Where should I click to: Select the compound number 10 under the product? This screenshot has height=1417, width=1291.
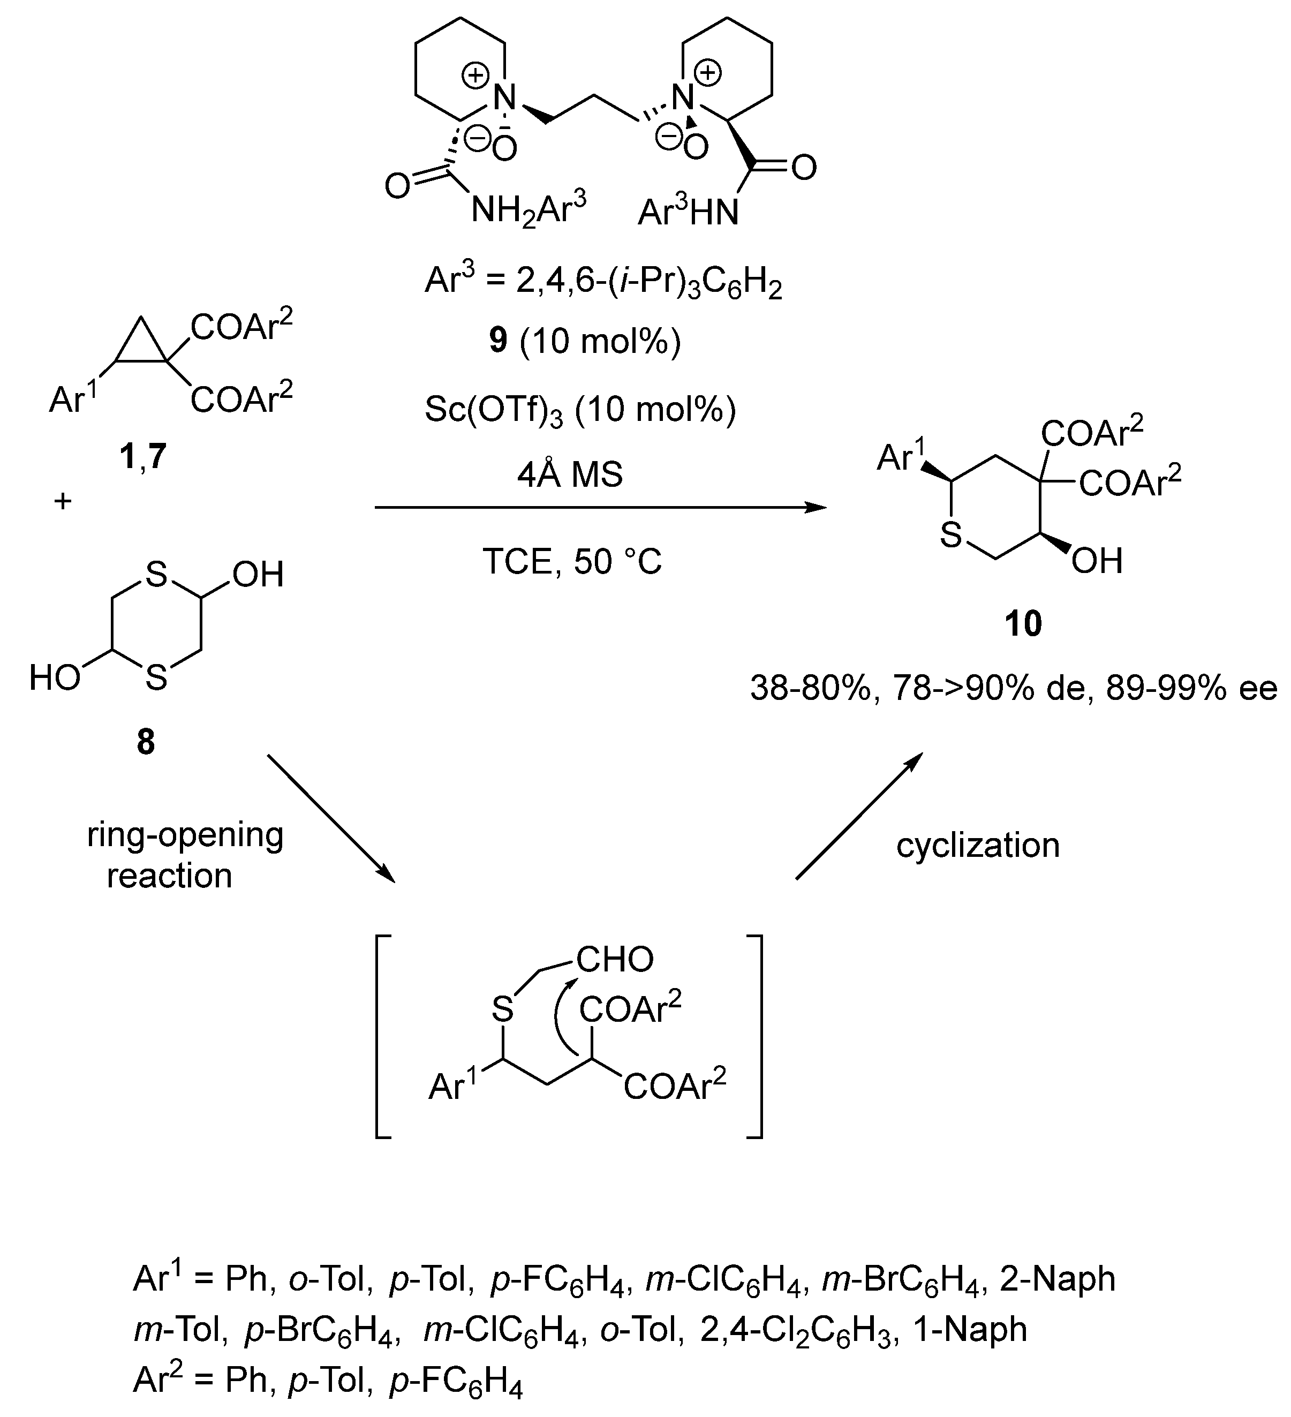(x=1023, y=623)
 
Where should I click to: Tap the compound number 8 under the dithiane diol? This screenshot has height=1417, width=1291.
(x=146, y=742)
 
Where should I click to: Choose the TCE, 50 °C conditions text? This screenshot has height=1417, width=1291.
(x=572, y=562)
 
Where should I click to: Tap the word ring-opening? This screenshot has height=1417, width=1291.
(x=185, y=836)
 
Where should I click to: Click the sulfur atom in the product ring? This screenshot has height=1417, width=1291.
(x=951, y=536)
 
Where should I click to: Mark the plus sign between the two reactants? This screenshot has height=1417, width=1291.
(x=63, y=502)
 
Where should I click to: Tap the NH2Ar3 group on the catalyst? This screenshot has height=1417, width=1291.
(x=529, y=209)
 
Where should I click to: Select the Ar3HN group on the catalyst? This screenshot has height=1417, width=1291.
(x=688, y=212)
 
